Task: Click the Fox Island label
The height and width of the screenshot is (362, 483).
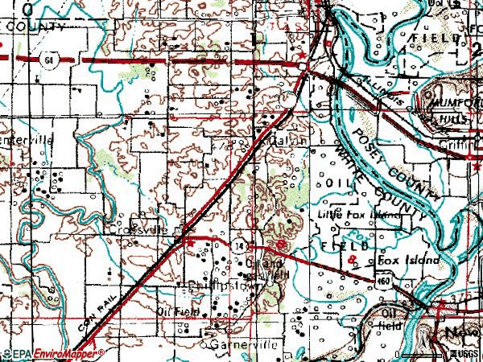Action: tap(409, 261)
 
